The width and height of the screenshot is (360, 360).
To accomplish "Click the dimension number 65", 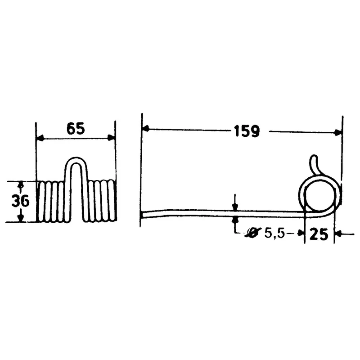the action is [x=76, y=129].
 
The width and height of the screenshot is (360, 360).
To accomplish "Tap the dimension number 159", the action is [x=247, y=131].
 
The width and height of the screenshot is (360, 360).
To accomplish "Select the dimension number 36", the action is [x=20, y=201].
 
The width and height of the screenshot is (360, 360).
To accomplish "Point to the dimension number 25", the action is [x=319, y=234].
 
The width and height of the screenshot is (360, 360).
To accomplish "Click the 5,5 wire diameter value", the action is [x=275, y=234].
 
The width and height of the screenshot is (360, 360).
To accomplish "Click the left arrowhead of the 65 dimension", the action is [x=40, y=138].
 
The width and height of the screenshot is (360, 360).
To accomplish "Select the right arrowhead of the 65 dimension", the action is [x=111, y=138].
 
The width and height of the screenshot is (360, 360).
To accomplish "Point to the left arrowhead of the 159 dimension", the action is [x=146, y=129].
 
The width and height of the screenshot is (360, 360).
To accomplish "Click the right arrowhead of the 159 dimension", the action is [x=338, y=132].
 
